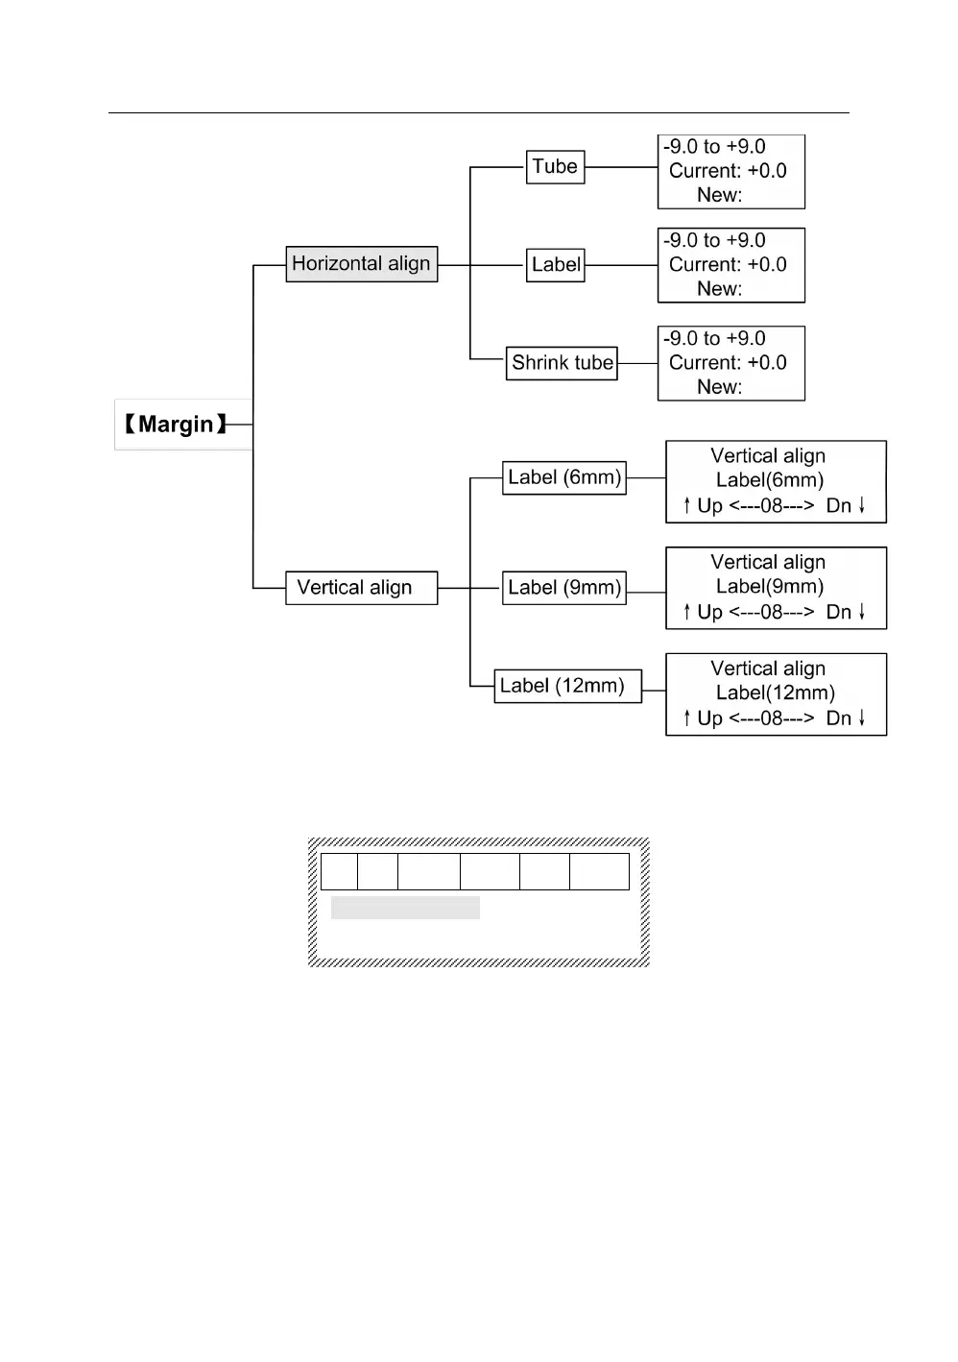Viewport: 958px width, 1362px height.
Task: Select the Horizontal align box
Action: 361,264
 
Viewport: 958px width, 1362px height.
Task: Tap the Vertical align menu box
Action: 361,588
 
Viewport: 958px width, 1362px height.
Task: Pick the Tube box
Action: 555,167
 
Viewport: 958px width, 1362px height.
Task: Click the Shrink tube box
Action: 562,363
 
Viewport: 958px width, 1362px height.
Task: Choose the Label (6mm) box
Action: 564,477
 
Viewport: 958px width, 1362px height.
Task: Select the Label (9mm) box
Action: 564,588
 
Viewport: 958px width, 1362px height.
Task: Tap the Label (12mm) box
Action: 567,686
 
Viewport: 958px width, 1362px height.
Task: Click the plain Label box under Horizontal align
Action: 556,265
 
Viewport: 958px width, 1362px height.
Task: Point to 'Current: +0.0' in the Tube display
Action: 728,171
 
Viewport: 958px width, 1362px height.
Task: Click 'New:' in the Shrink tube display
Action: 719,387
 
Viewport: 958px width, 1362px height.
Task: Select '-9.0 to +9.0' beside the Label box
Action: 714,241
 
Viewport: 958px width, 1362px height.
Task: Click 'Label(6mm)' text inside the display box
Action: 770,480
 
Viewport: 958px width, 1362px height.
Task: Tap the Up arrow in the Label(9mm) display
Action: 687,612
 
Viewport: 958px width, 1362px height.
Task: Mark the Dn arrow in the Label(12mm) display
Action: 861,717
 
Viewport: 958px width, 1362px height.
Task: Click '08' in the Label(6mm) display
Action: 772,506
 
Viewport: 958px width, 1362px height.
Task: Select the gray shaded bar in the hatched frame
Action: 405,908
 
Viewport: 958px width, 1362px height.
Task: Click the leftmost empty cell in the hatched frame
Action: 339,871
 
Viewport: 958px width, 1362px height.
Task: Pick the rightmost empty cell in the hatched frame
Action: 599,871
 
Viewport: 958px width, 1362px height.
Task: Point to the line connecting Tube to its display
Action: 621,167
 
